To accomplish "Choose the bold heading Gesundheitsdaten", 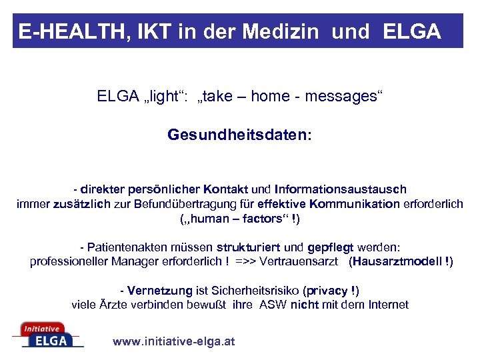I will coord(239,135).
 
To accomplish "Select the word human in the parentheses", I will coord(209,218).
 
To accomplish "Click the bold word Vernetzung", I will coord(158,291).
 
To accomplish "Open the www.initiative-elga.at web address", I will coord(174,342).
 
